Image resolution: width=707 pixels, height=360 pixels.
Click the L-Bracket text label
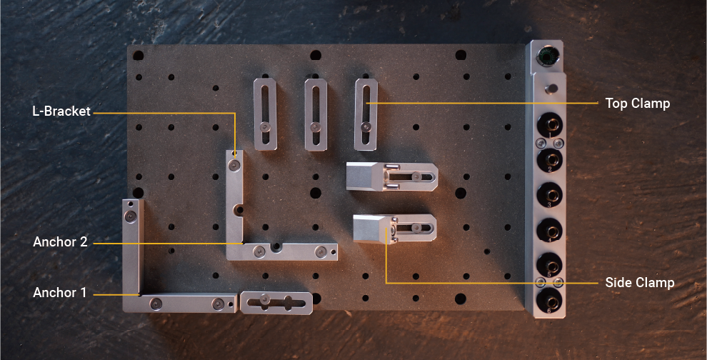61,111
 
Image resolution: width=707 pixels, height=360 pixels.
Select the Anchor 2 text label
60,242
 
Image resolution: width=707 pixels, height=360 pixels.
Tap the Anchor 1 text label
60,293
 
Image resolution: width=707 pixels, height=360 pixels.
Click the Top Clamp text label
637,104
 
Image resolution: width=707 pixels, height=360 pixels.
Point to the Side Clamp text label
639,283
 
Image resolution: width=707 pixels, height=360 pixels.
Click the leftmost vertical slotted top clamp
265,114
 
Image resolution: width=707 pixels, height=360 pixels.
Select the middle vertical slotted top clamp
316,114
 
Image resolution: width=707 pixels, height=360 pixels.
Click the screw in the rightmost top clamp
366,127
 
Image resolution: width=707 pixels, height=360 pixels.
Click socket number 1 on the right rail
549,123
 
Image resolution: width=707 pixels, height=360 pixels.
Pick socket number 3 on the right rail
549,194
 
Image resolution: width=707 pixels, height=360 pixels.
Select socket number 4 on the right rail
549,229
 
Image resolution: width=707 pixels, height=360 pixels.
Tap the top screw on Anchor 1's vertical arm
131,216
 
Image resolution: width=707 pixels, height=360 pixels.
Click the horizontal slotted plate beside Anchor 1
276,302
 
